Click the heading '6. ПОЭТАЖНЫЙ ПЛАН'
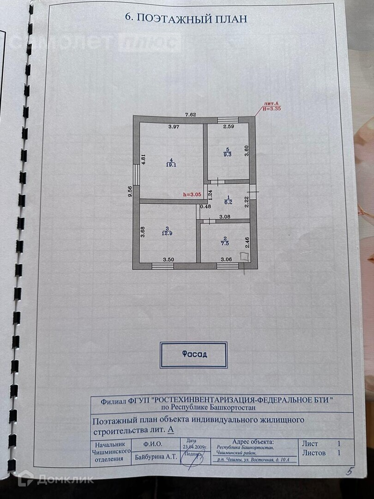tap(187, 18)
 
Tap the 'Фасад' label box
tap(194, 354)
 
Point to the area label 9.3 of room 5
tap(227, 152)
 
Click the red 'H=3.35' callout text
tap(271, 108)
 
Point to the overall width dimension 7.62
tap(191, 115)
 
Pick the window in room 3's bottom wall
tap(162, 265)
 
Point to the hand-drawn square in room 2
tap(244, 257)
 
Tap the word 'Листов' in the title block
tap(314, 453)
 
